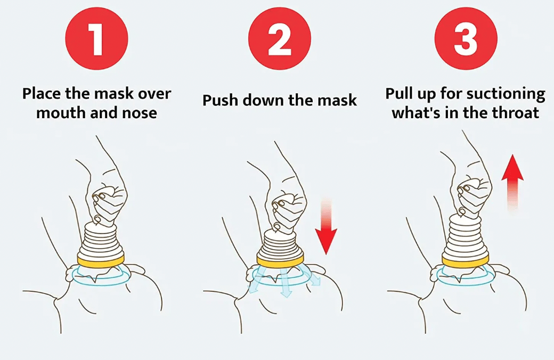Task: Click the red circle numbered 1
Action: click(96, 38)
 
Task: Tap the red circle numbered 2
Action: click(280, 38)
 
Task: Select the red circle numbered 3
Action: click(466, 38)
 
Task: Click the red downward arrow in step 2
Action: click(326, 227)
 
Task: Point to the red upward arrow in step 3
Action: click(512, 183)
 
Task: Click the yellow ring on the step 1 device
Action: click(101, 260)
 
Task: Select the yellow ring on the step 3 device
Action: click(466, 261)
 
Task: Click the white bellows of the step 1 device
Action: click(101, 239)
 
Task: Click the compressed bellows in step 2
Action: click(280, 244)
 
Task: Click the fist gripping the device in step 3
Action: click(474, 196)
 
